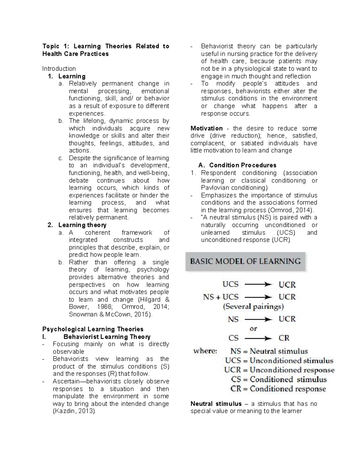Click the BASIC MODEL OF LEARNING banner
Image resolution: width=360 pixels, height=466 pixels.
click(245, 261)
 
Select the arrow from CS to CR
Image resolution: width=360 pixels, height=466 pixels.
click(258, 338)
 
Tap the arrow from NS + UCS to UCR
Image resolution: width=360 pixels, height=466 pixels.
click(258, 297)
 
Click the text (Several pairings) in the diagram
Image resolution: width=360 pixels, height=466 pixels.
click(253, 307)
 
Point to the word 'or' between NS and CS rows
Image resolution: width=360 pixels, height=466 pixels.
click(253, 329)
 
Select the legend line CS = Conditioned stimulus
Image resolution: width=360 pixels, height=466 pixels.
click(279, 380)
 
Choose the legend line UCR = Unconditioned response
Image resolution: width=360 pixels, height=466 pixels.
click(279, 370)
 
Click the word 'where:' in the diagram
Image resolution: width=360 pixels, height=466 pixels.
click(205, 351)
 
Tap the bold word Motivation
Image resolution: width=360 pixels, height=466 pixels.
click(206, 128)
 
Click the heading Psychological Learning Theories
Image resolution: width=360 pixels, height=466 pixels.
click(93, 329)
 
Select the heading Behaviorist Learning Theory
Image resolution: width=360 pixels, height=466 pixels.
click(107, 337)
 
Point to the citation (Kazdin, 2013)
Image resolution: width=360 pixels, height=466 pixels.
click(74, 411)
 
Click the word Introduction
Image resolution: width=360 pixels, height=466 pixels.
click(59, 69)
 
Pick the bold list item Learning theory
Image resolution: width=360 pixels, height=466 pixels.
click(82, 225)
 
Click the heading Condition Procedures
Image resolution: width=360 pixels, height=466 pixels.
click(242, 165)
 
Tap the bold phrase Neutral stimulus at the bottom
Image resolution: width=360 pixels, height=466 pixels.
click(216, 404)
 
